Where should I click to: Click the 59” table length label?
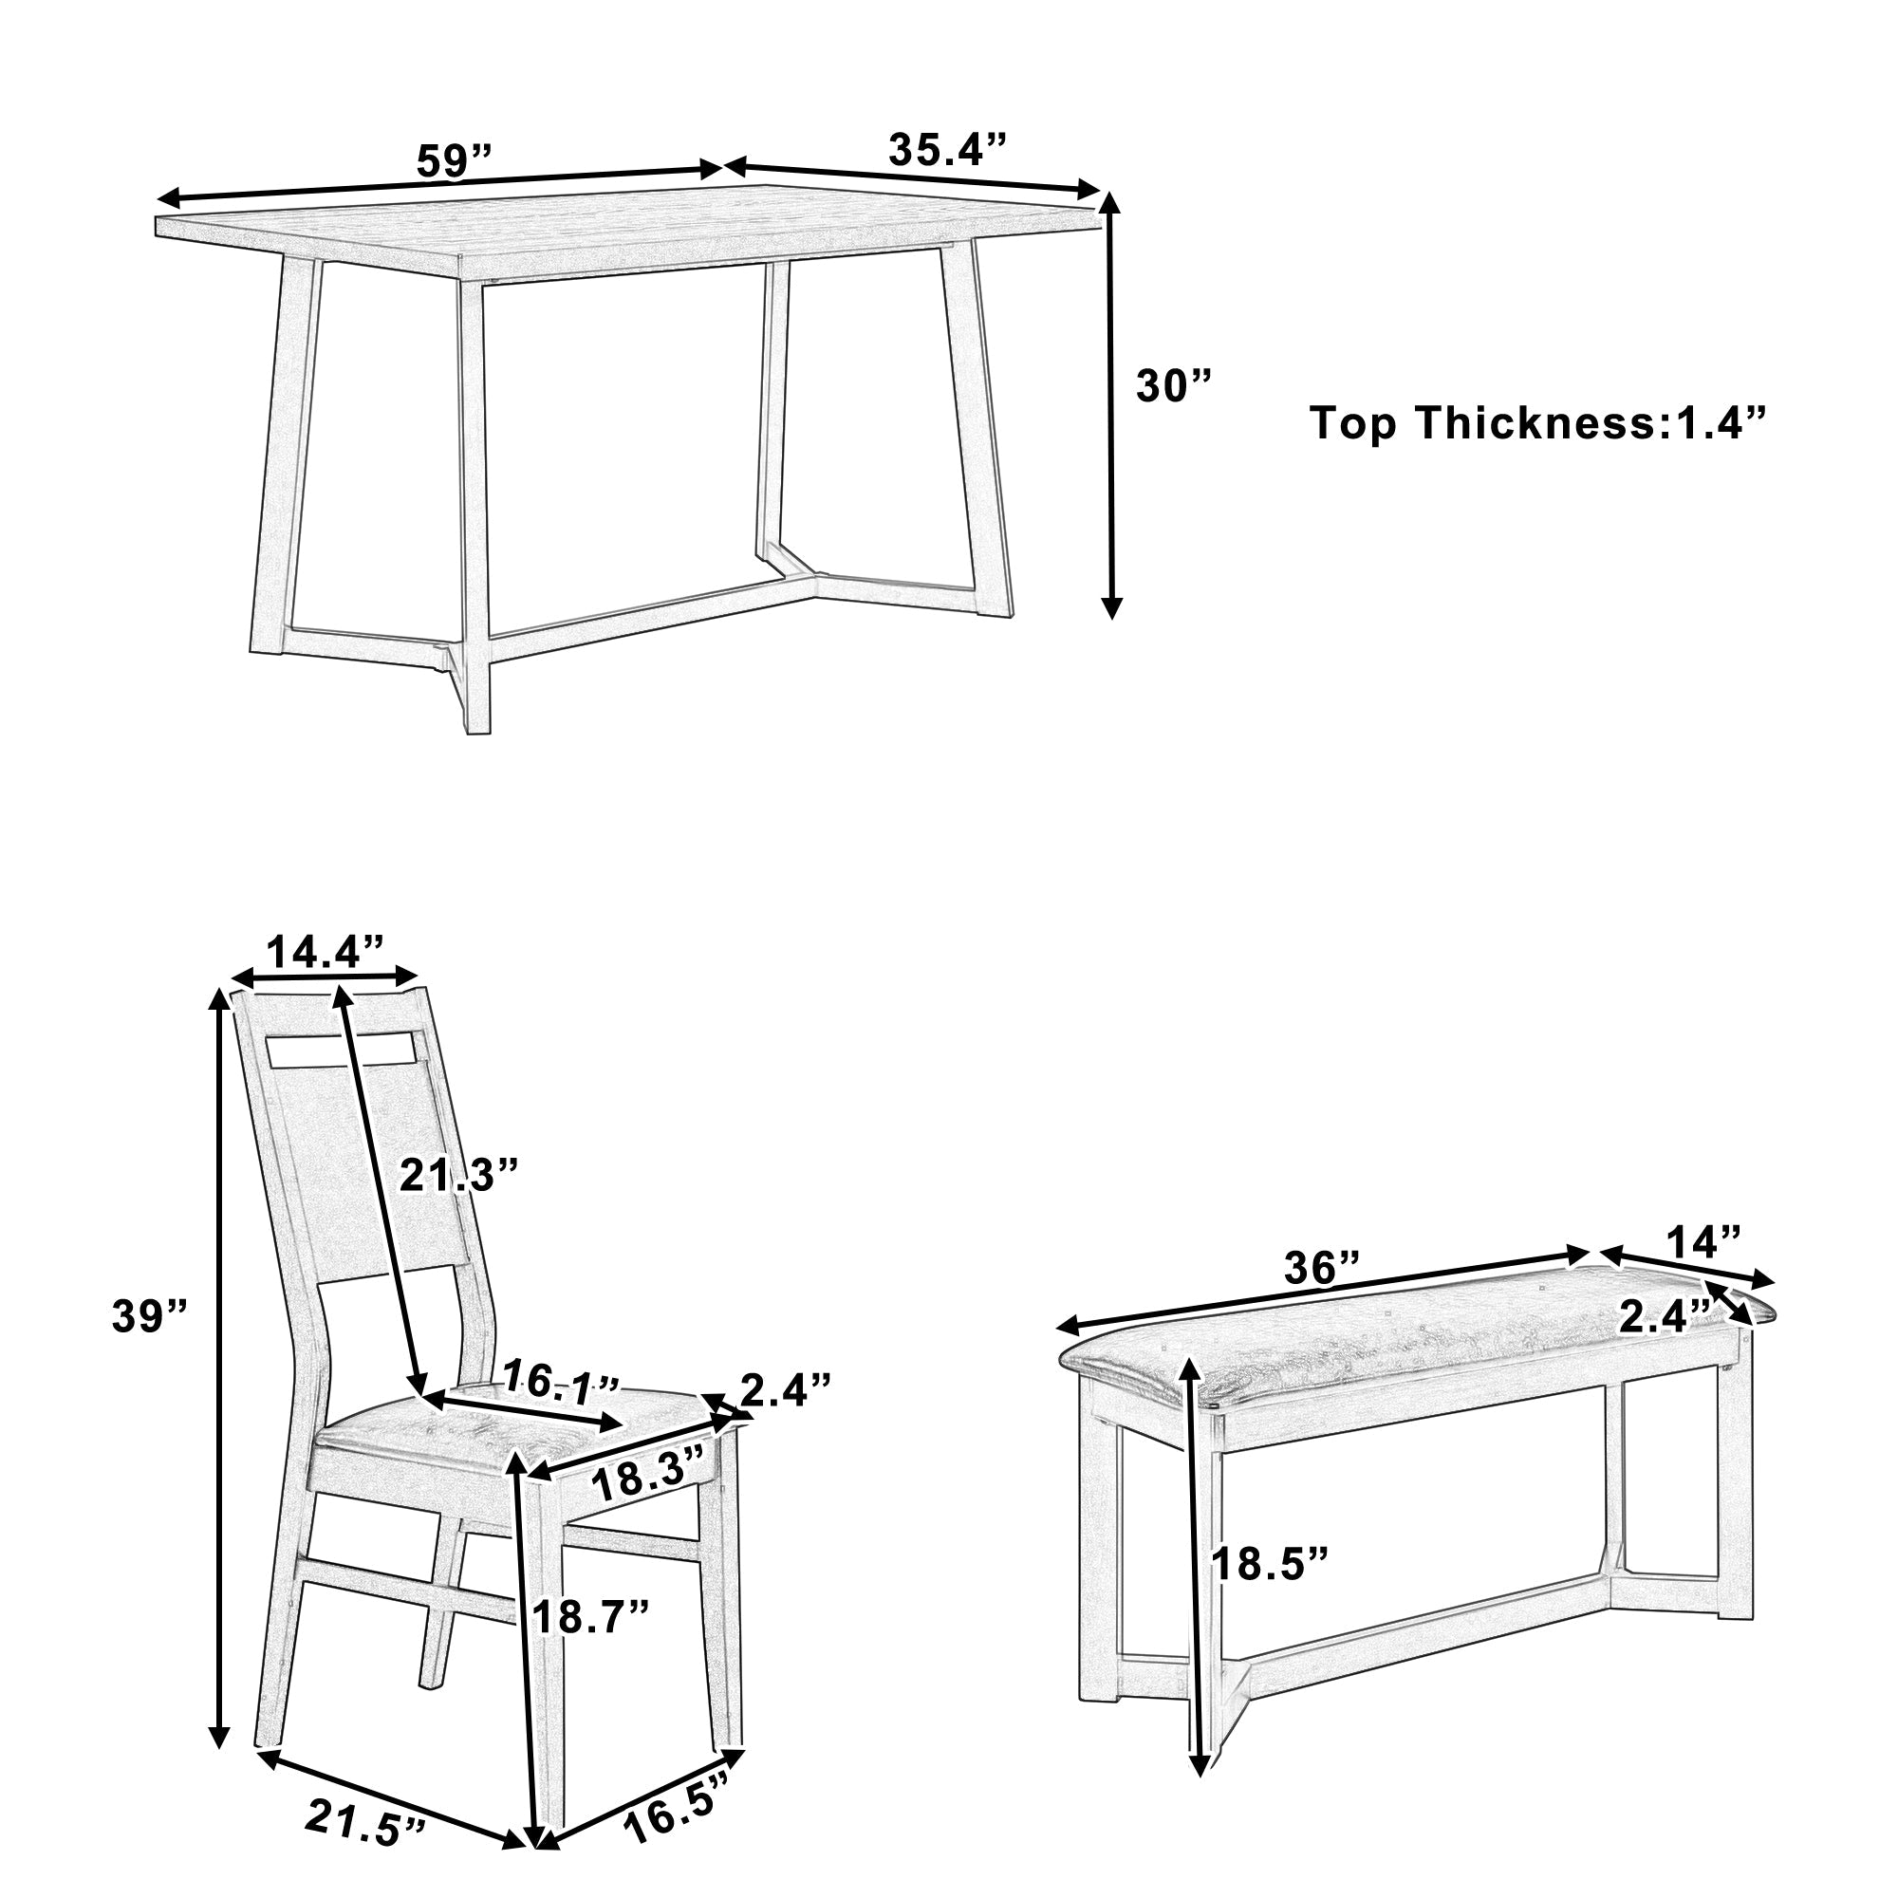(x=453, y=160)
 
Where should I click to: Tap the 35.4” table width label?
(x=948, y=149)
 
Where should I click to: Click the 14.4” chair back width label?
(x=326, y=952)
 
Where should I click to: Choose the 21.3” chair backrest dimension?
(x=457, y=1175)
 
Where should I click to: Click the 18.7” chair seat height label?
(x=591, y=1616)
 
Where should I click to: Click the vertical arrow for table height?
(x=1111, y=402)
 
